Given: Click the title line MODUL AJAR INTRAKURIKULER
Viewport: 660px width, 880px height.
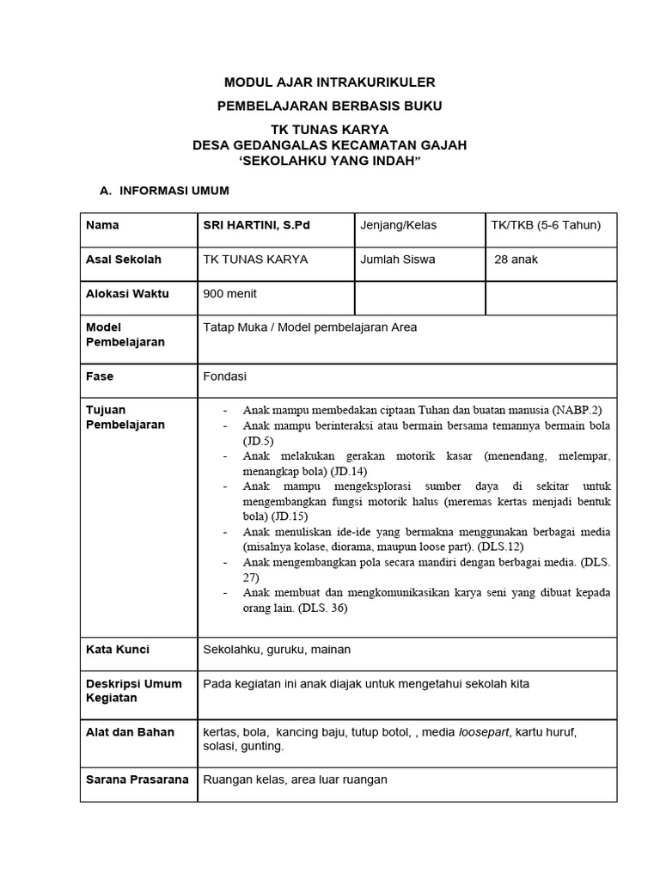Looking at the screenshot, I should [329, 82].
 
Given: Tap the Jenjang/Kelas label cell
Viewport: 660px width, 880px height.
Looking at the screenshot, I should [399, 225].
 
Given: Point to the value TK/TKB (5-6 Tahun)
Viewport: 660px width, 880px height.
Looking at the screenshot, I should [546, 225].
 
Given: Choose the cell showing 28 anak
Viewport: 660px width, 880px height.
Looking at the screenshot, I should [516, 259].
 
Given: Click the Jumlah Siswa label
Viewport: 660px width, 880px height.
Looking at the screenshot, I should [398, 259].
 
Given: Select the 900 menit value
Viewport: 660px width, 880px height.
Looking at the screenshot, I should [229, 293].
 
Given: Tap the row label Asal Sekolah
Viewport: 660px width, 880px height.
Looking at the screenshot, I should [124, 259].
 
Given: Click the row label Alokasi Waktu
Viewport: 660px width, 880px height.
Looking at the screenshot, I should [127, 293].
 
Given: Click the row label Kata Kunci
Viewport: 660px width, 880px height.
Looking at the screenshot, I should [118, 650].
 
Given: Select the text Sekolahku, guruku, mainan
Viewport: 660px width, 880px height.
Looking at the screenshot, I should [276, 650].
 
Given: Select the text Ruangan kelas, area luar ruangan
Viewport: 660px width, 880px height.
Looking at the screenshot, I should [295, 779].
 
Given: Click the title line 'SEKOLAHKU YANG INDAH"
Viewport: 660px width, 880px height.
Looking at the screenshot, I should [329, 162].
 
